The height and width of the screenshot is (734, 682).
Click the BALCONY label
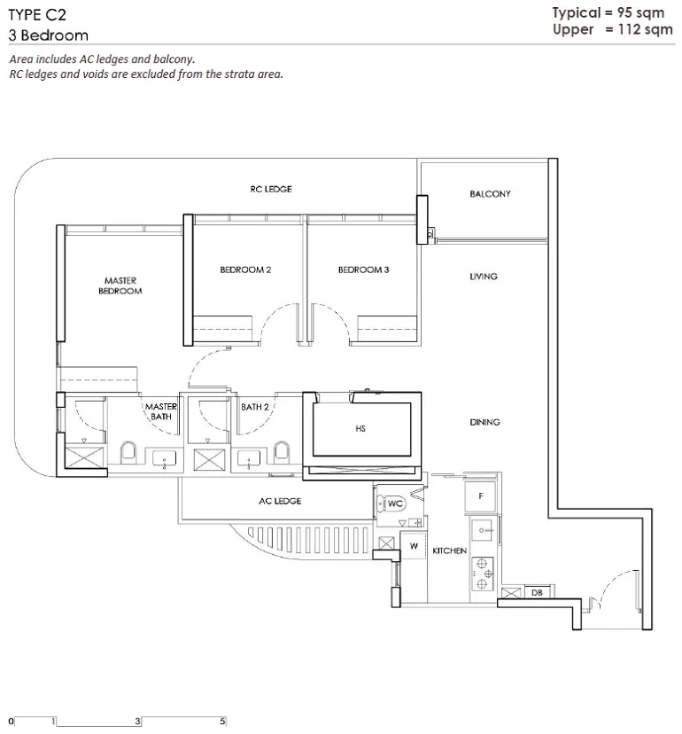coord(490,194)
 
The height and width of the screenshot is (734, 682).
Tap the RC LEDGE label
coord(271,189)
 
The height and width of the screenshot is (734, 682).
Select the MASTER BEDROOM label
coord(120,285)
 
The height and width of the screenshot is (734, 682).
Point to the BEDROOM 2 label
coord(245,269)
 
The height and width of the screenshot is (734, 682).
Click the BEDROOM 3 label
coord(363,269)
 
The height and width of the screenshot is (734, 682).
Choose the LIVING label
coord(484,277)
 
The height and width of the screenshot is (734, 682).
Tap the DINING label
coord(484,422)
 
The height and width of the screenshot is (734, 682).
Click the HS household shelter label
coord(360,428)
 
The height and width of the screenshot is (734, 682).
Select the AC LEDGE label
coord(280,501)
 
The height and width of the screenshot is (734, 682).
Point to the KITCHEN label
coord(450,551)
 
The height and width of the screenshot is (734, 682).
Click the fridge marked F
coord(480,496)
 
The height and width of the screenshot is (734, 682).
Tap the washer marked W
coord(414,545)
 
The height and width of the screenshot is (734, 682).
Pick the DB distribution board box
coord(538,592)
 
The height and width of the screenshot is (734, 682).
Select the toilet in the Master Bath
coord(128,453)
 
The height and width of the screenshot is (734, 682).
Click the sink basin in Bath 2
coord(248,457)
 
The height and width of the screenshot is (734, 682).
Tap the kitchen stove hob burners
coord(482,574)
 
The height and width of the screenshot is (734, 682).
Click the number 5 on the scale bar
coord(222,722)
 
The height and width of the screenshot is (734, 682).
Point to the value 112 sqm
coord(645,29)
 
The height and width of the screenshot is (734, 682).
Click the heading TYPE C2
coord(37,15)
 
